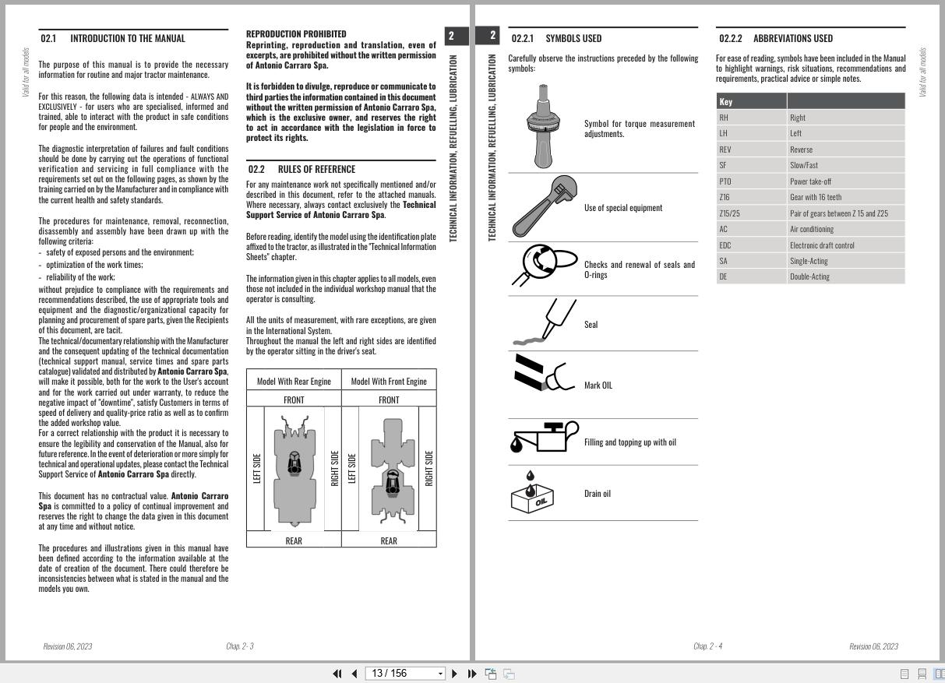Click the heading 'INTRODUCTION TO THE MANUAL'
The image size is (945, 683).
pos(128,38)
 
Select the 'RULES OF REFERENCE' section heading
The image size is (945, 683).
pos(316,169)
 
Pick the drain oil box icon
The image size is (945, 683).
pos(533,493)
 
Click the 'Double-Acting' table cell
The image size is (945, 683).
pos(810,276)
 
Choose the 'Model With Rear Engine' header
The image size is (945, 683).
pos(294,382)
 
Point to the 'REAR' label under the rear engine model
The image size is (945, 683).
pos(294,540)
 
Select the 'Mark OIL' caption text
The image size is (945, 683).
pos(598,386)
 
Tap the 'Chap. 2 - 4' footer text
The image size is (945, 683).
pos(707,646)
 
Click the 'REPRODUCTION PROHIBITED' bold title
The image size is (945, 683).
pos(296,34)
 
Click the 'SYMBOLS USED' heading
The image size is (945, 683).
pos(573,38)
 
